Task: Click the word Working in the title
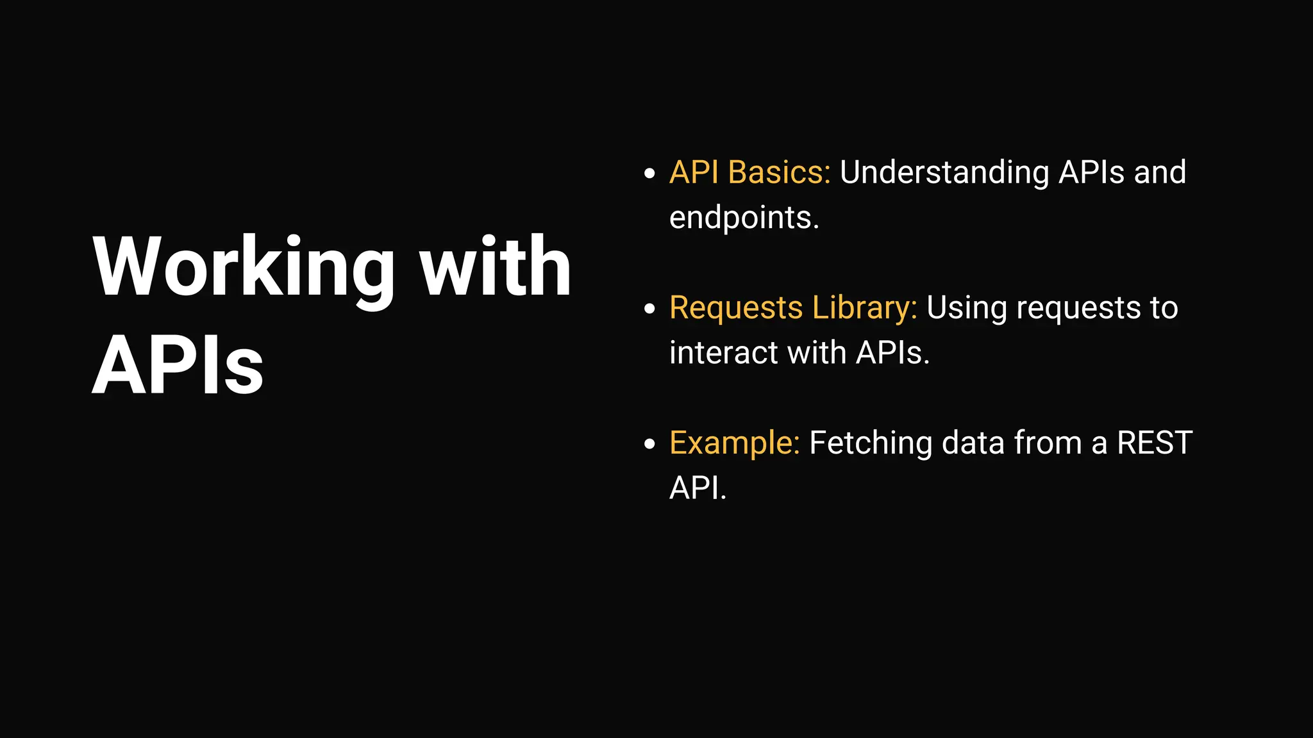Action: pos(244,268)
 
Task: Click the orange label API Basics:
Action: pos(749,172)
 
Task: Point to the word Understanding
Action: pos(944,172)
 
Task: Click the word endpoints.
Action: pos(744,218)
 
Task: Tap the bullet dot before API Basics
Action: pos(649,173)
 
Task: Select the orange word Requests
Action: pos(735,307)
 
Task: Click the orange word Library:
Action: pos(864,307)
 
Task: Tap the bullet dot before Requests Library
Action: pos(649,309)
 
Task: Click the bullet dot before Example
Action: pos(649,444)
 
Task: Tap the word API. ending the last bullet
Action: pos(698,488)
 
